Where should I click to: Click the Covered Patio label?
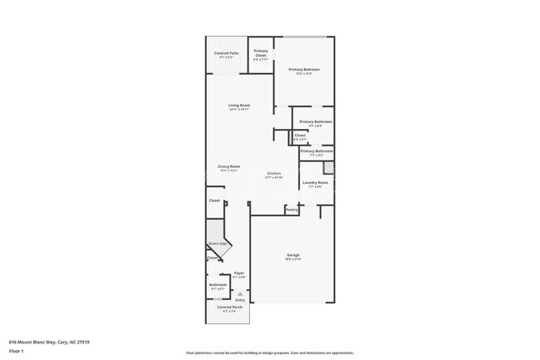[225, 53]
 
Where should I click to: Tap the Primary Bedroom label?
[304, 70]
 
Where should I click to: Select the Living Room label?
[239, 106]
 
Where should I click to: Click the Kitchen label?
[273, 174]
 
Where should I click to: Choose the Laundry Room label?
[315, 183]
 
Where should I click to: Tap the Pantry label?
[292, 210]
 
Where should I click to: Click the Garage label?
[293, 255]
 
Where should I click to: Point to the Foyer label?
[238, 273]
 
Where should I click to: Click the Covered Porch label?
[230, 308]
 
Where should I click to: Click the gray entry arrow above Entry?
[240, 293]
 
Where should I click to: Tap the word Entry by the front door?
[240, 299]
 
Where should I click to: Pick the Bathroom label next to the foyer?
[218, 284]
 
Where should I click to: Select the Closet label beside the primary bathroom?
[300, 136]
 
